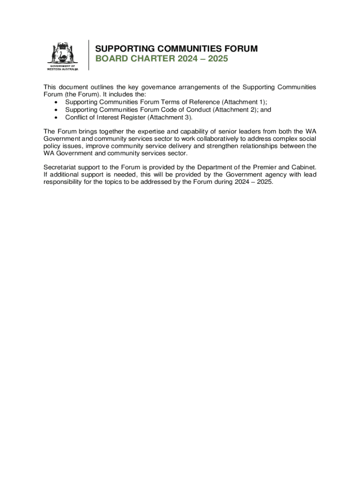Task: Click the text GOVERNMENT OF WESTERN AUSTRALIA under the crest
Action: (63, 68)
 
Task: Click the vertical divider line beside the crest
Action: (88, 55)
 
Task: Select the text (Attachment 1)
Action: (243, 102)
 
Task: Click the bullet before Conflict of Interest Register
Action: (57, 117)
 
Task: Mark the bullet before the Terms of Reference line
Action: (57, 102)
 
